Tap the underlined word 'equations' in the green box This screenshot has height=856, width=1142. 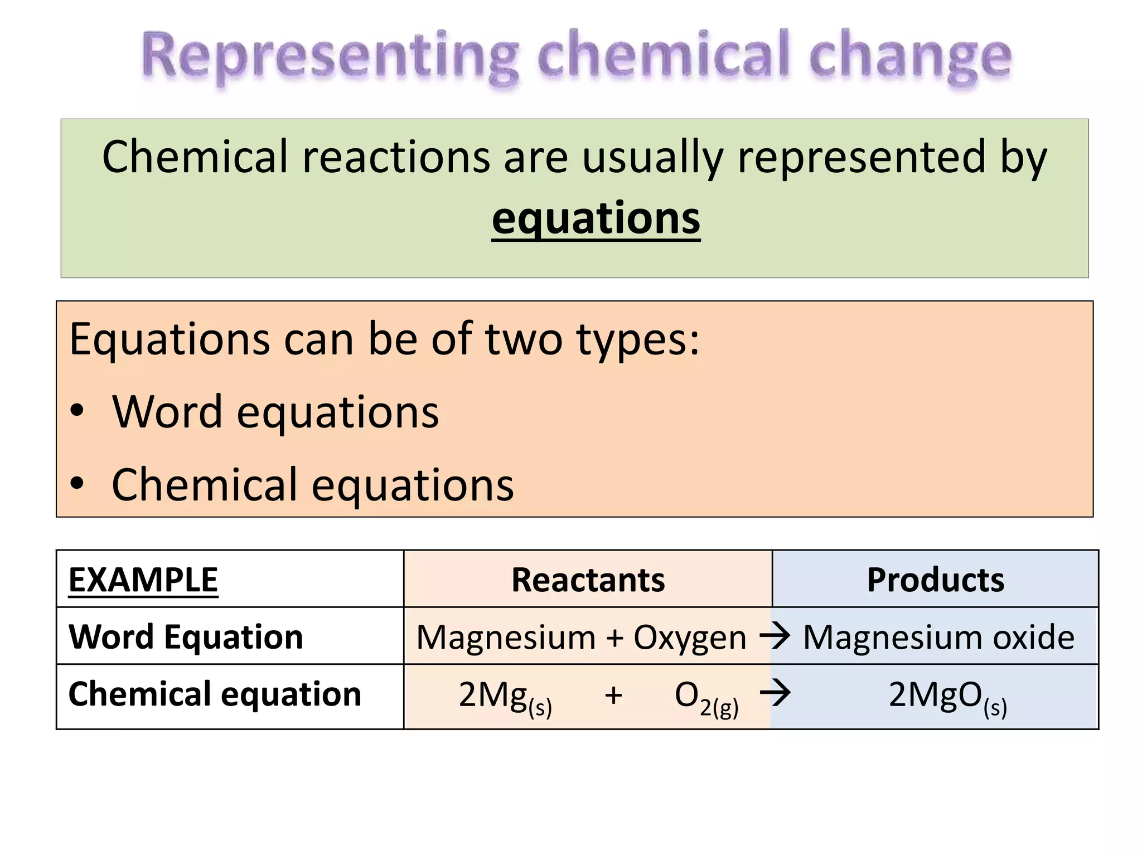[596, 218]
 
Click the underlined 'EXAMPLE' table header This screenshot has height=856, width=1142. [143, 580]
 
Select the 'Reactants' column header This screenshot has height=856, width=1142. [588, 580]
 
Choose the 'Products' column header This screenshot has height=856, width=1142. [935, 580]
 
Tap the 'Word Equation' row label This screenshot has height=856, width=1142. [186, 637]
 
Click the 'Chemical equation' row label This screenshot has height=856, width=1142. [215, 694]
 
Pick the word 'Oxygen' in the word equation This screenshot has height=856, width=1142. [689, 638]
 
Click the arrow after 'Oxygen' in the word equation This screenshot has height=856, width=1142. [775, 635]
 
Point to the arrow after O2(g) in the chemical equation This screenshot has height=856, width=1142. [775, 694]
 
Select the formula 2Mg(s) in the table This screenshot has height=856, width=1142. [505, 697]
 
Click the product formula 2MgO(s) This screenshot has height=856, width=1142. [947, 697]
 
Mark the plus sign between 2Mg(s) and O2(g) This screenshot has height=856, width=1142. [613, 695]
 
